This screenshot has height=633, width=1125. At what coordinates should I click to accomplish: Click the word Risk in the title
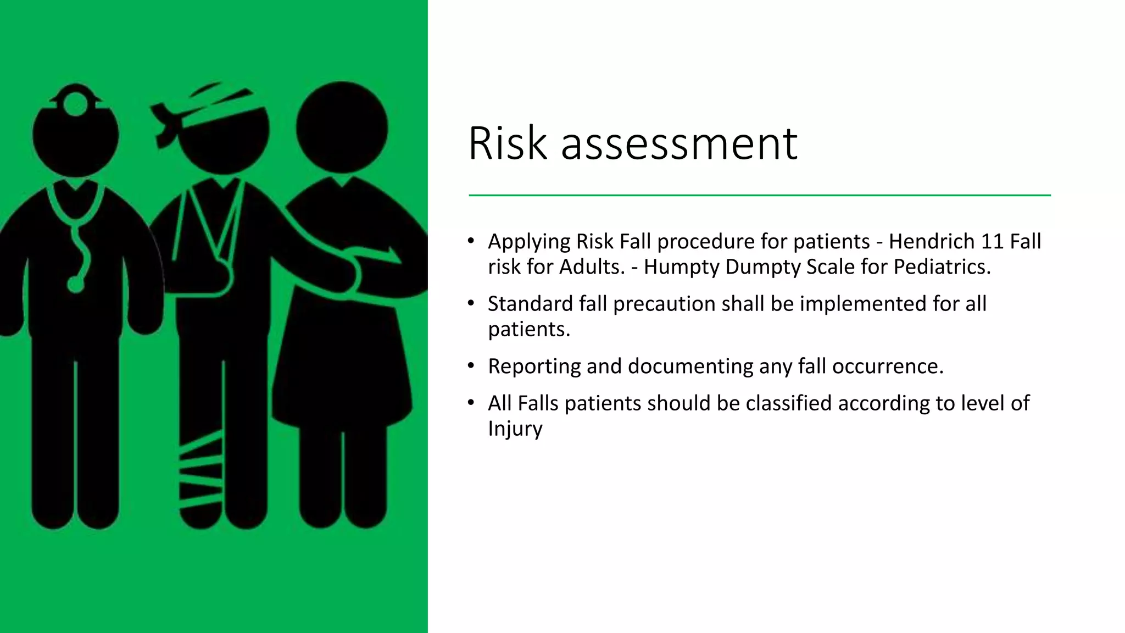[508, 144]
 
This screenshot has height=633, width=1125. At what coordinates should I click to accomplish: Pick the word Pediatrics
[942, 267]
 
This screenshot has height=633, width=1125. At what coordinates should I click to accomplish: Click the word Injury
[515, 429]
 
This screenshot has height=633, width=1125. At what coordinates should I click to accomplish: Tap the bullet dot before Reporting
[471, 365]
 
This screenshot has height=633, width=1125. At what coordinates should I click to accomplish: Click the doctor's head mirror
[76, 104]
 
